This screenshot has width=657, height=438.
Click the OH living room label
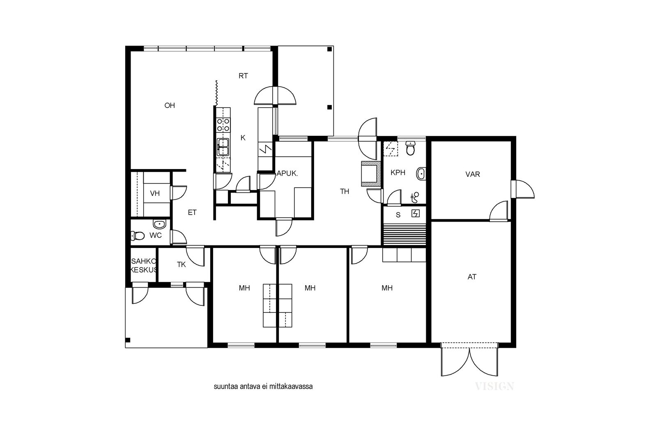[x=170, y=105]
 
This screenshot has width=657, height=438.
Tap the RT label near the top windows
[x=243, y=76]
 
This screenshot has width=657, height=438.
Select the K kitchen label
[x=243, y=138]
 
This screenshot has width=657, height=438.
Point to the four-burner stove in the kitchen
[x=223, y=125]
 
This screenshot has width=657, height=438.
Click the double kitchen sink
[x=223, y=147]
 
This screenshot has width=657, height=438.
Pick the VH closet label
[x=155, y=193]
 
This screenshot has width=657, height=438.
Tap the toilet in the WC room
[x=138, y=235]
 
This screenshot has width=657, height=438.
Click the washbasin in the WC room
[x=159, y=224]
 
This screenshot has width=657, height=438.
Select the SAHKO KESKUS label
[x=144, y=266]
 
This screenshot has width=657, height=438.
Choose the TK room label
[x=181, y=265]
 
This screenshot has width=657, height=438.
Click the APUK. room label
[x=287, y=174]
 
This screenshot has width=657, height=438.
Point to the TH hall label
[x=345, y=191]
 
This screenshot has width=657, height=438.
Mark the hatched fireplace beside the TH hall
[x=371, y=174]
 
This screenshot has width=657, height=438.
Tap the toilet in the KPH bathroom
[x=410, y=148]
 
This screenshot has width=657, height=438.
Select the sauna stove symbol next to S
[x=416, y=213]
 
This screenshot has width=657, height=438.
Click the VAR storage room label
[x=473, y=174]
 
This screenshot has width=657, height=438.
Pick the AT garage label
[x=472, y=277]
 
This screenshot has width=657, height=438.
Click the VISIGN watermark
[x=494, y=386]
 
